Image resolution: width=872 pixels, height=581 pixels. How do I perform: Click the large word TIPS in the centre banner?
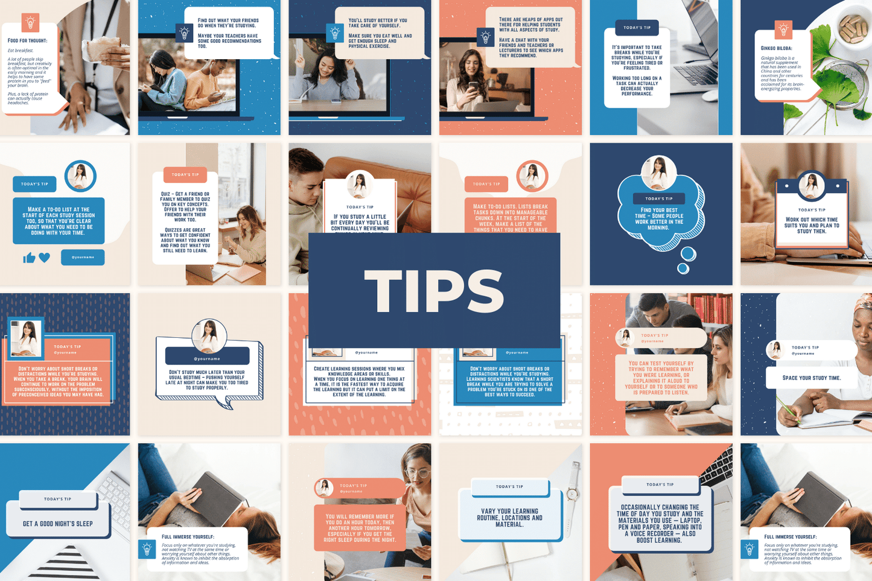coord(434,291)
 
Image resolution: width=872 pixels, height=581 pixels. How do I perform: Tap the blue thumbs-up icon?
coord(28,258)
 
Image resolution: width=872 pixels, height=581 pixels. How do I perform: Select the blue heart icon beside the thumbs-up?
coord(45,258)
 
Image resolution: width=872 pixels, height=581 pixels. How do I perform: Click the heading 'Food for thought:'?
coord(27,40)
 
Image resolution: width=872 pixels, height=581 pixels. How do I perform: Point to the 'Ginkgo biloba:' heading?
coord(776,48)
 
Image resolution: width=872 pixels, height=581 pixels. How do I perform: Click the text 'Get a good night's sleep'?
coord(57,524)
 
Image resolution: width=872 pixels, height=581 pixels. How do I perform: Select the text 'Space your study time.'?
coord(811,378)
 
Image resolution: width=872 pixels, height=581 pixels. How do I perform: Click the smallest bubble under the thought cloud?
coord(683,268)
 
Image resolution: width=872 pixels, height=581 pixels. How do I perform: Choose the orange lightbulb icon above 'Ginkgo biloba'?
coord(783,29)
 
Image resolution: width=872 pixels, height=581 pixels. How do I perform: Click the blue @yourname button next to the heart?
coord(83,257)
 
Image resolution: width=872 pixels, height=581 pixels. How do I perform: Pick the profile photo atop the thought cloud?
coord(658,173)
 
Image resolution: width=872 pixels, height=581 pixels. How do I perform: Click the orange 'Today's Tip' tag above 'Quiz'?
coord(185,174)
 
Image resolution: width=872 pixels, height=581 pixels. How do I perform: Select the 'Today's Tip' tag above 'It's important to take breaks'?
coord(637,27)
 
